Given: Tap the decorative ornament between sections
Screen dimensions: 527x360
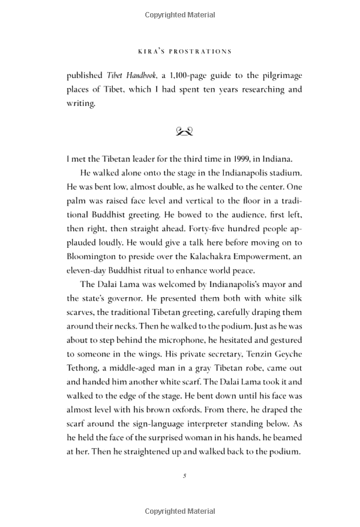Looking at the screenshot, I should point(184,131).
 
